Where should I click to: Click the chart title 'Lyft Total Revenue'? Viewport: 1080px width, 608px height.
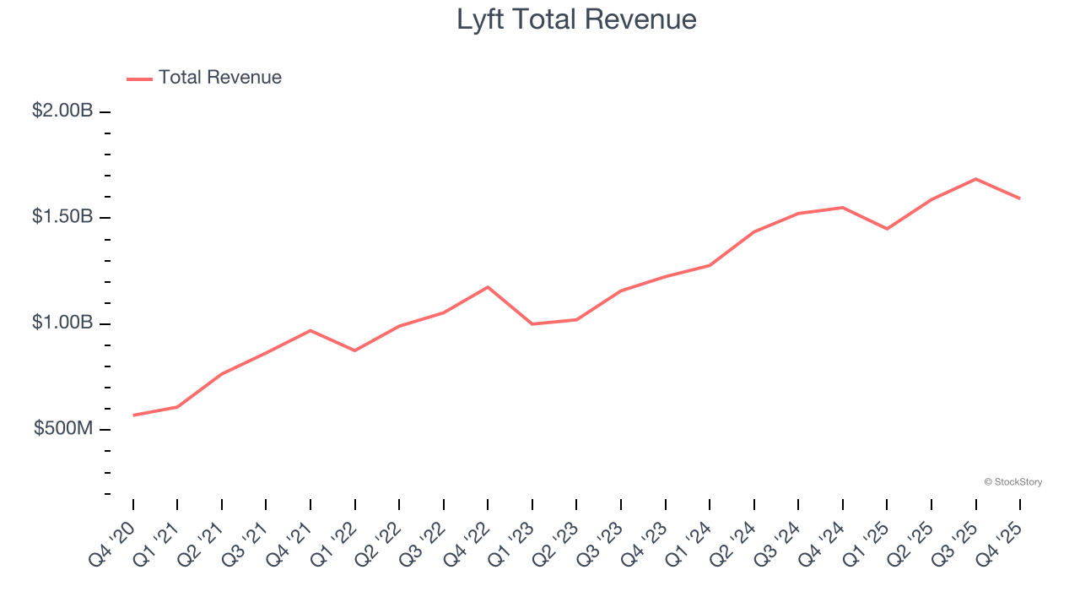[576, 19]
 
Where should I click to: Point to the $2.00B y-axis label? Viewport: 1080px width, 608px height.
[62, 111]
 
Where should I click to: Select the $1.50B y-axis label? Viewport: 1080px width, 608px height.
[62, 217]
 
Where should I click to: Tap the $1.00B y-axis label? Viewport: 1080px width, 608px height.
[62, 323]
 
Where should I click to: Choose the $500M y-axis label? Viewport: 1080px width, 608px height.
[63, 429]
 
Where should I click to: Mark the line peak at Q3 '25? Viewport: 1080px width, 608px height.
[975, 179]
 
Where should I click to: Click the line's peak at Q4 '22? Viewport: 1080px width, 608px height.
[488, 287]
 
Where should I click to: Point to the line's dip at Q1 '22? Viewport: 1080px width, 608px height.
[354, 350]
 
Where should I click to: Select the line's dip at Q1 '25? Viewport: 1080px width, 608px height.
[887, 229]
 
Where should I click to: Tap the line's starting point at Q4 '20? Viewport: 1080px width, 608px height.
[133, 415]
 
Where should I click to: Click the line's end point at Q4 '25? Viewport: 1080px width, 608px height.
[1020, 198]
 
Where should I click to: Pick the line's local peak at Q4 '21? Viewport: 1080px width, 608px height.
[310, 330]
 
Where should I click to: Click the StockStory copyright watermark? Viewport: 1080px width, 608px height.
[1012, 482]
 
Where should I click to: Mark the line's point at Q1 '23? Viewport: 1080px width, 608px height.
[532, 324]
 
